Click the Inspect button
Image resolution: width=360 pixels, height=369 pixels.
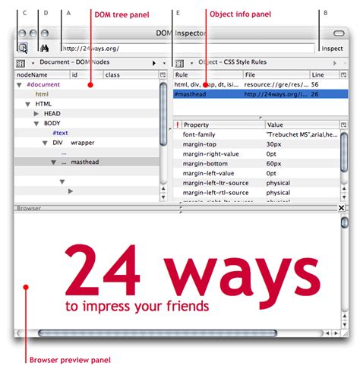pyautogui.click(x=333, y=48)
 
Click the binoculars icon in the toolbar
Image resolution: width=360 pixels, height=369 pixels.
pyautogui.click(x=43, y=48)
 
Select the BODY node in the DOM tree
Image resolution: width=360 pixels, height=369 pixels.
pyautogui.click(x=52, y=123)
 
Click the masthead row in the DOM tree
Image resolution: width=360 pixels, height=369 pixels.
pyautogui.click(x=85, y=162)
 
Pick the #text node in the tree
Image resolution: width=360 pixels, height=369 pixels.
pyautogui.click(x=60, y=133)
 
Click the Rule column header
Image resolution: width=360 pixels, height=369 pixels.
pyautogui.click(x=182, y=74)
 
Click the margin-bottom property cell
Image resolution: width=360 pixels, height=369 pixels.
pyautogui.click(x=207, y=162)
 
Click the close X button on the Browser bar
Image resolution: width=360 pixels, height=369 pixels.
pyautogui.click(x=341, y=207)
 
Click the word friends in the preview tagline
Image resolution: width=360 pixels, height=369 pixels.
pyautogui.click(x=188, y=307)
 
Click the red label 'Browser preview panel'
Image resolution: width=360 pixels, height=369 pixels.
pyautogui.click(x=70, y=359)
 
